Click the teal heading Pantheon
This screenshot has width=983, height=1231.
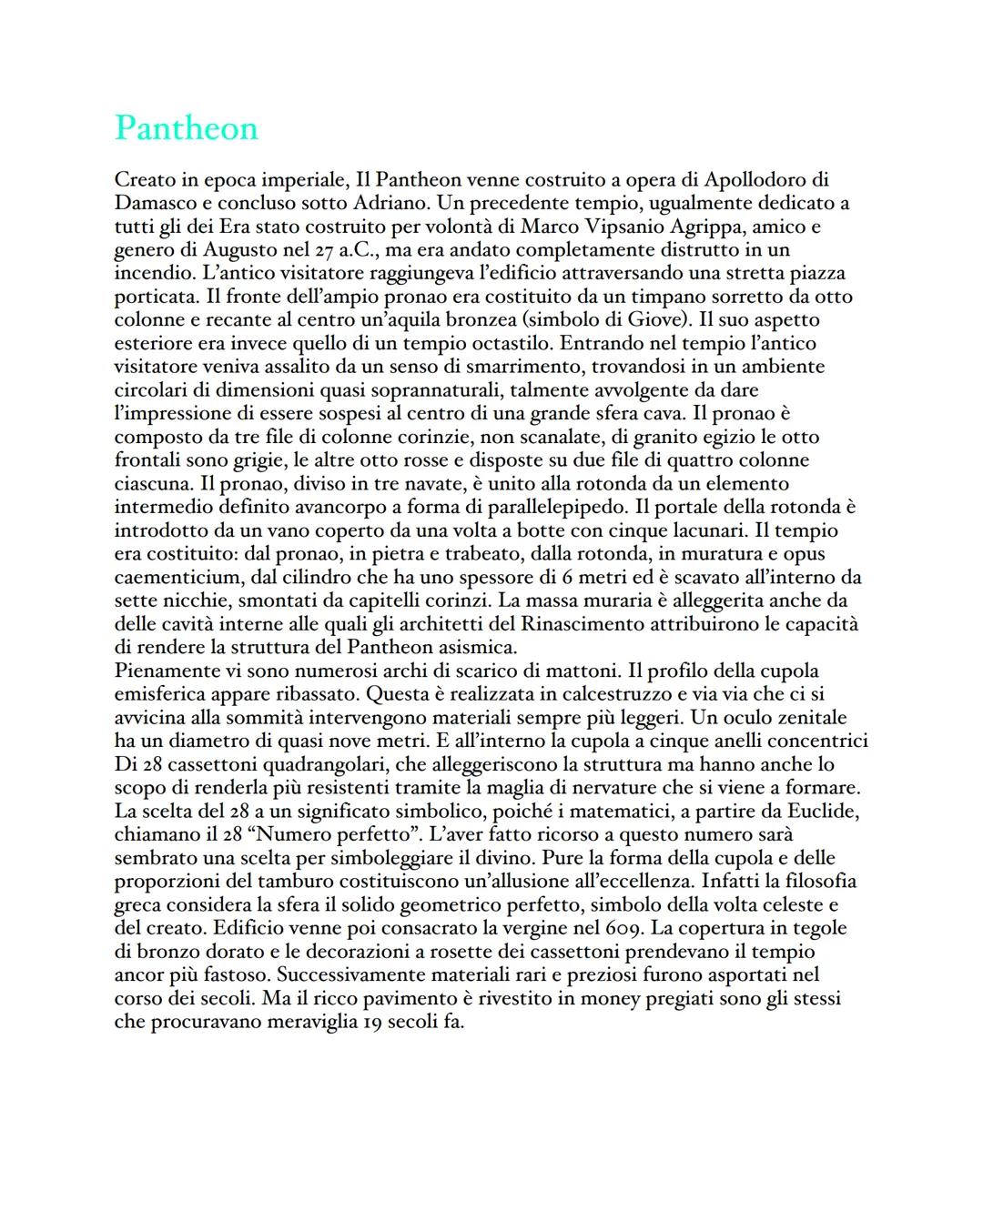[187, 128]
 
